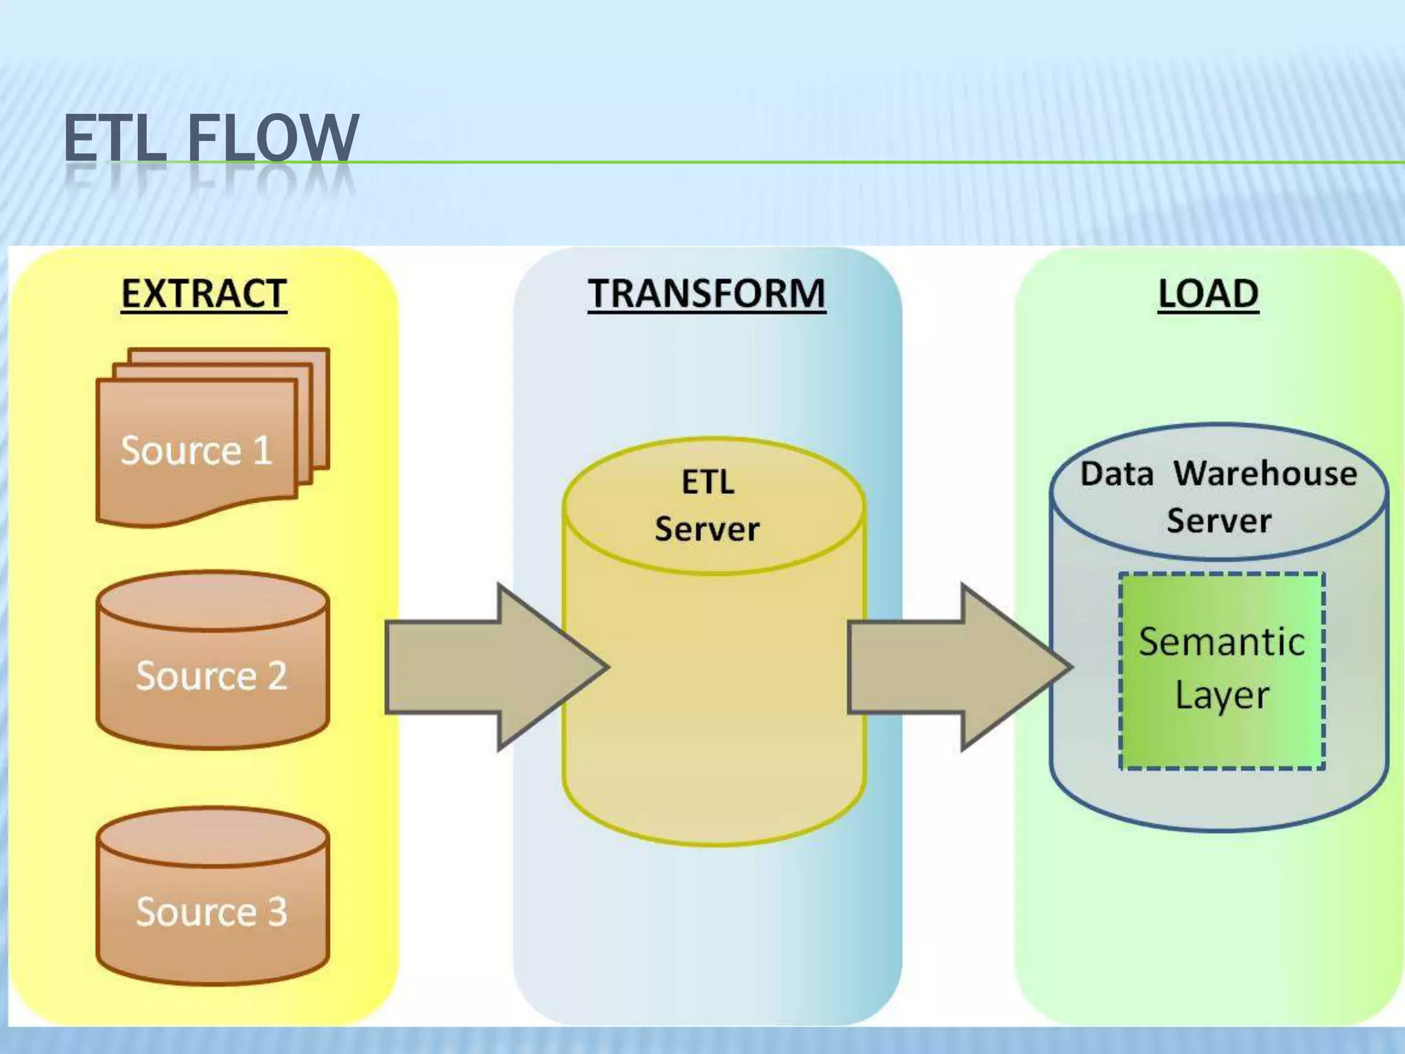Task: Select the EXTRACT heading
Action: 204,294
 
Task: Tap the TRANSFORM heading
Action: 707,294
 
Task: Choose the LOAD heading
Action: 1208,294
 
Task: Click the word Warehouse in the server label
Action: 1265,473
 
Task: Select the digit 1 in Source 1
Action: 263,451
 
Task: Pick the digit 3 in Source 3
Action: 277,912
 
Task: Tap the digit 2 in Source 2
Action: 277,676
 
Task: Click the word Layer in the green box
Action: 1222,696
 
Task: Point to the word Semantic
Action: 1222,642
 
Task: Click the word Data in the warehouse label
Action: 1117,473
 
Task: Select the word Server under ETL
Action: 707,529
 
